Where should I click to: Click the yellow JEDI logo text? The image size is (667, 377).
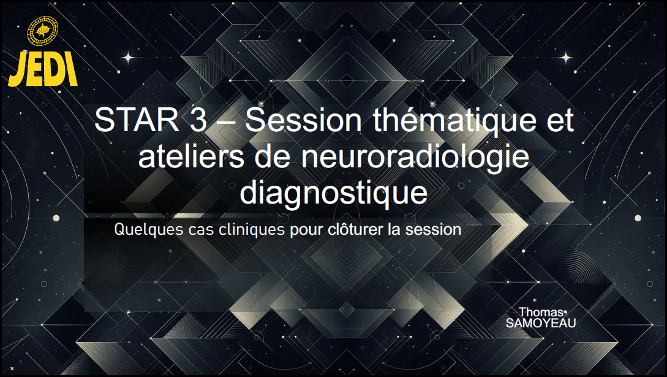click(x=42, y=69)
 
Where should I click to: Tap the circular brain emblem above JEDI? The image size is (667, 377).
click(x=42, y=31)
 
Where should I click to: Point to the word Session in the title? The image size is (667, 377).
click(x=303, y=120)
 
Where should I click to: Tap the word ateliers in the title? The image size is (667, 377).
click(x=192, y=156)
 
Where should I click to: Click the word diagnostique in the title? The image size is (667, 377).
click(x=333, y=194)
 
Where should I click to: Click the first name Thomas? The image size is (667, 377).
click(x=541, y=312)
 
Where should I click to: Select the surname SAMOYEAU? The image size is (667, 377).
click(x=541, y=324)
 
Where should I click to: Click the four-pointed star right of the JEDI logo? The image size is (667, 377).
click(x=127, y=58)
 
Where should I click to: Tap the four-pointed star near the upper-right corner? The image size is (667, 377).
click(x=566, y=58)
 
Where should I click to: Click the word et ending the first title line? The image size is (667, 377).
click(x=561, y=120)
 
